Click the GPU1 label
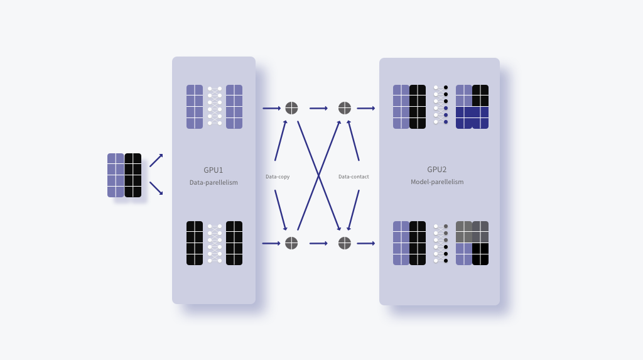(213, 170)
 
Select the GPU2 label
(437, 170)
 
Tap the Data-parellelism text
(213, 182)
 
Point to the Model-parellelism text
(437, 182)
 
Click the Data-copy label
(278, 177)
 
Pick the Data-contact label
(354, 177)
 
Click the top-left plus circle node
(291, 108)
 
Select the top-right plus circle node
(345, 108)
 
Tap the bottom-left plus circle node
(291, 243)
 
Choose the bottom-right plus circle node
(345, 243)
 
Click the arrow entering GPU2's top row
(366, 108)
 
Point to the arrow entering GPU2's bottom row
(366, 243)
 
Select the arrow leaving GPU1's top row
(271, 108)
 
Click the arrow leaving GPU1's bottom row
(271, 243)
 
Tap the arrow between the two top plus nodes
(318, 108)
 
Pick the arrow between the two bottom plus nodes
(318, 243)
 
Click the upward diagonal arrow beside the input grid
(156, 160)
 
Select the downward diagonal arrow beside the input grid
(156, 188)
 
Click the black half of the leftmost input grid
(133, 175)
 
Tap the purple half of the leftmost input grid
(116, 175)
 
